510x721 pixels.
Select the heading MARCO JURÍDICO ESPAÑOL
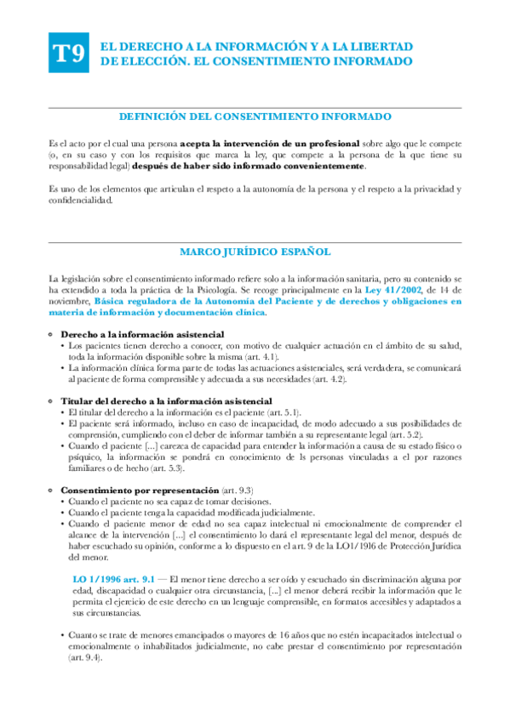point(255,252)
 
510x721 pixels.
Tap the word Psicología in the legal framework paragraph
point(224,290)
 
